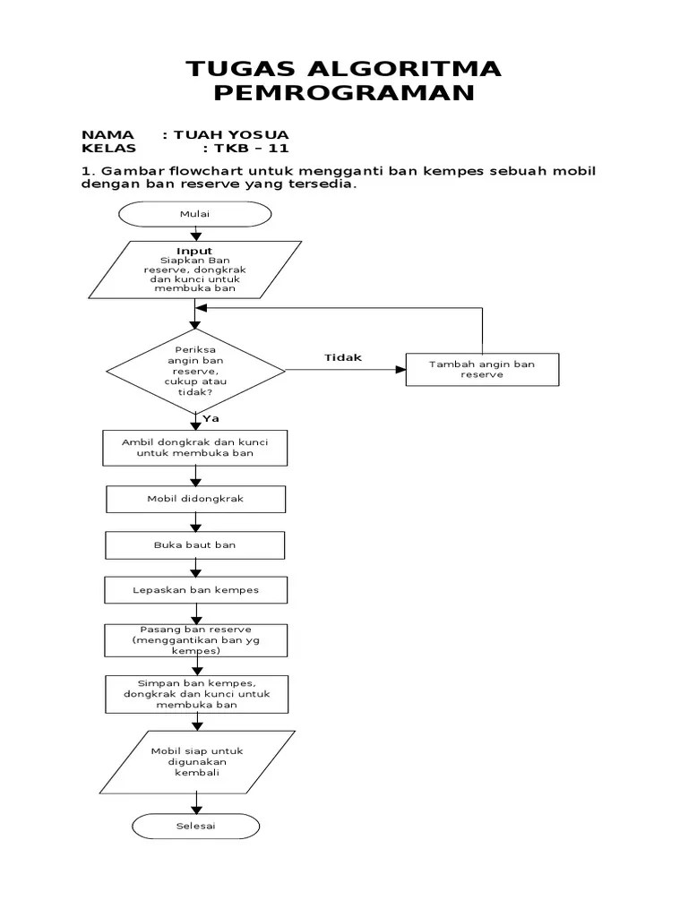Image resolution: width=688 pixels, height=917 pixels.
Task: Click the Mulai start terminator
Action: tap(194, 214)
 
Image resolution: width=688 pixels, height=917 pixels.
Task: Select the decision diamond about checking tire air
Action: tap(195, 370)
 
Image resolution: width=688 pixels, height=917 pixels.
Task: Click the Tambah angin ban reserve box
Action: tap(482, 369)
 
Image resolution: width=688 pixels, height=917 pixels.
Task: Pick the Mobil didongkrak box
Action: tap(195, 499)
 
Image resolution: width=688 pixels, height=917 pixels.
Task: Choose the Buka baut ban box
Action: tap(195, 544)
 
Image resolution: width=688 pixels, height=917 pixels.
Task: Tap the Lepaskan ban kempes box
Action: tap(195, 590)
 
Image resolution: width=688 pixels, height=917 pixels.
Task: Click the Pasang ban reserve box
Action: tap(195, 640)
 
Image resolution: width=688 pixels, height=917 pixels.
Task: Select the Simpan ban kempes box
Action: tap(195, 693)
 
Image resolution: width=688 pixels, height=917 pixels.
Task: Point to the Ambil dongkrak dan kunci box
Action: tap(195, 448)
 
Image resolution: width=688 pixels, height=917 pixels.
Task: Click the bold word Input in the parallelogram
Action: tap(194, 252)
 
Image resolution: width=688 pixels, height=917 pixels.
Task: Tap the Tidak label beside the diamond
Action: tap(342, 357)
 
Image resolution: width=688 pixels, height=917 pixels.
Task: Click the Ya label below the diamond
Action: tap(211, 418)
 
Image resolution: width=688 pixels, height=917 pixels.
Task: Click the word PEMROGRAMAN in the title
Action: tap(343, 93)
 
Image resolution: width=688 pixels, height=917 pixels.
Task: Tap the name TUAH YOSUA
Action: tap(231, 134)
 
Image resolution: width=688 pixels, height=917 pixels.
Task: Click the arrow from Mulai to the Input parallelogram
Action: tap(194, 233)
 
